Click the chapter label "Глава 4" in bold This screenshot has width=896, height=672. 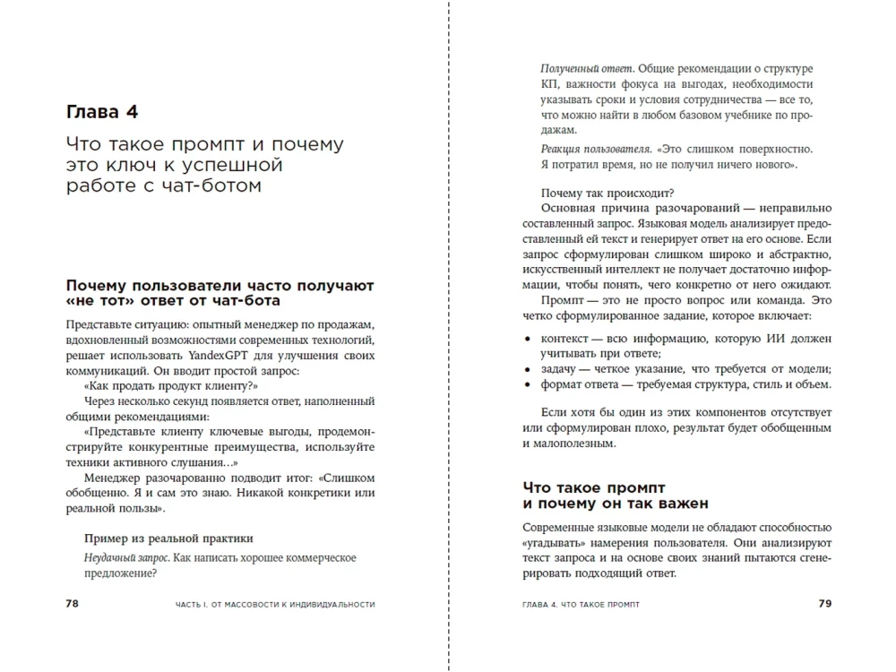click(x=102, y=113)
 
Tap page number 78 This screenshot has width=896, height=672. click(x=73, y=604)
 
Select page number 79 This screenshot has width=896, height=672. click(x=825, y=604)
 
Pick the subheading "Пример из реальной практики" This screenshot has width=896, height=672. click(x=168, y=538)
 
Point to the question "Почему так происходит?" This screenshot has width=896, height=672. click(x=607, y=191)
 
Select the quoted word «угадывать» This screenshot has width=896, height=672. click(x=554, y=543)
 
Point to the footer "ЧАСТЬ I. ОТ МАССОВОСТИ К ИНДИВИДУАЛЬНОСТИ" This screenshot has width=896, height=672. click(x=275, y=605)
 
